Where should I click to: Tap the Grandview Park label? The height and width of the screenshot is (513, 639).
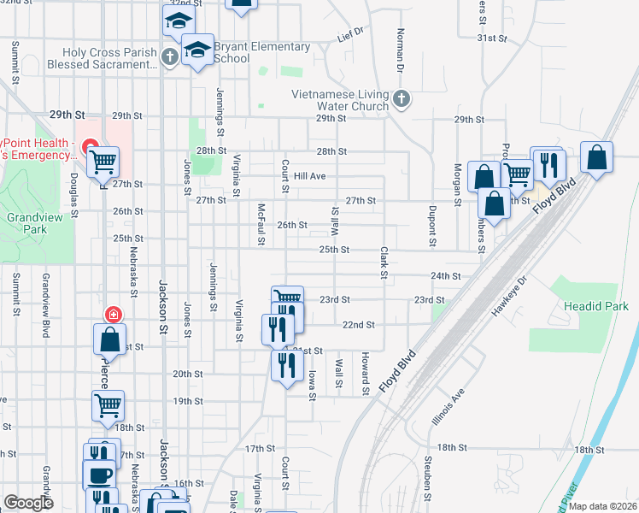coord(26,224)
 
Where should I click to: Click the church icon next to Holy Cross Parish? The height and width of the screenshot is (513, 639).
coord(169,57)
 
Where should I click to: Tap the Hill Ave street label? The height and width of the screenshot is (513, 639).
coord(310,176)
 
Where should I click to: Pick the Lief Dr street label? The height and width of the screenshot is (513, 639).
coord(350,36)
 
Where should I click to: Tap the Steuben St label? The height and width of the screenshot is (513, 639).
coord(425,475)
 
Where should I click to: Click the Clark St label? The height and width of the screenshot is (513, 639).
coord(384,262)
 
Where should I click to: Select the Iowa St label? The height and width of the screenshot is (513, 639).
coord(313,384)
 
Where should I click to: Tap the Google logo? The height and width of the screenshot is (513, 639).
coord(28,503)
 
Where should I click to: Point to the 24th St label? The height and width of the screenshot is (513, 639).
coord(446,276)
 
